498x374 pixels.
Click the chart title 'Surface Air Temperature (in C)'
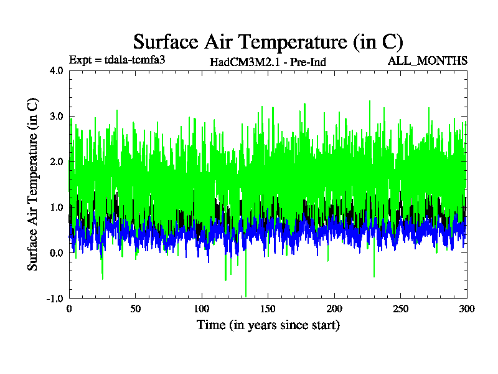click(x=268, y=42)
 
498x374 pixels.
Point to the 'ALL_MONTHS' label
click(x=427, y=60)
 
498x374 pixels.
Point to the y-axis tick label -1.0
click(x=55, y=298)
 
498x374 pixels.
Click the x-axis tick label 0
click(x=69, y=309)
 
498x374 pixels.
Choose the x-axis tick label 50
click(x=135, y=309)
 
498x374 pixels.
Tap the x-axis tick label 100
click(x=202, y=309)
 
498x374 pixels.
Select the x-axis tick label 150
click(x=268, y=309)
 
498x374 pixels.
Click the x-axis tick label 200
click(x=334, y=309)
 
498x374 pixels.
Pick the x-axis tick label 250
click(x=401, y=309)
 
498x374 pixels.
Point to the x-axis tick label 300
click(x=467, y=309)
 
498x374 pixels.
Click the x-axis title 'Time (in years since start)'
click(x=268, y=325)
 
